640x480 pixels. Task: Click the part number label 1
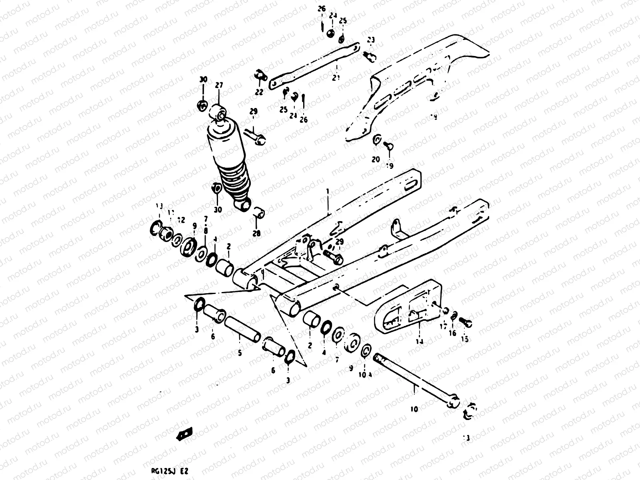pos(327,192)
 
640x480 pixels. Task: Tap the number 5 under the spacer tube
pos(240,353)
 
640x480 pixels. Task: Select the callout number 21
pos(336,78)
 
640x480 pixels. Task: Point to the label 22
pos(259,92)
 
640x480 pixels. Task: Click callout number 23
pos(371,40)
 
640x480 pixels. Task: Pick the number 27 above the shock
pos(219,85)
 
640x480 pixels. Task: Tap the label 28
pos(256,233)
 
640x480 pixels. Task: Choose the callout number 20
pos(376,159)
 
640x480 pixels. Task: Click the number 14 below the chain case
pos(419,341)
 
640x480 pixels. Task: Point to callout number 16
pos(452,333)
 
